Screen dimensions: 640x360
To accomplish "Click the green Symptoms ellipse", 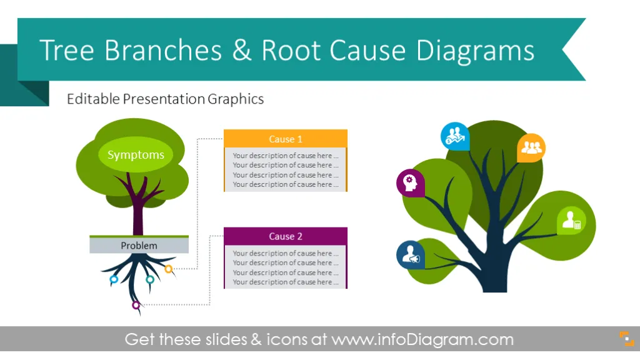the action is (136, 154).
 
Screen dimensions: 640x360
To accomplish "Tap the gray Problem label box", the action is (139, 245).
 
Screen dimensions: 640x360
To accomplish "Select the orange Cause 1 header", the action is (285, 139).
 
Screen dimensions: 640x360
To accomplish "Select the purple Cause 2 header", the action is (285, 236).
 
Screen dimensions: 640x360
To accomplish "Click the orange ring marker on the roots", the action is (169, 269).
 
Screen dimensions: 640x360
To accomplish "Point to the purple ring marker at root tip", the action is (136, 305).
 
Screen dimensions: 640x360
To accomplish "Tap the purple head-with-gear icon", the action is (410, 183).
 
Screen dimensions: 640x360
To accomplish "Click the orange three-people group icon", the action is (531, 147).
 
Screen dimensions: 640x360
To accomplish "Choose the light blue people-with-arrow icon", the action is (455, 136).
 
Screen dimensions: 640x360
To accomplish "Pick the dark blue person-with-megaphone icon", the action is (410, 255).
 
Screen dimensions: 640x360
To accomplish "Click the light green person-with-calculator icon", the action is (571, 221).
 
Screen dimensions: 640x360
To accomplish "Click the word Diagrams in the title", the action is (475, 51).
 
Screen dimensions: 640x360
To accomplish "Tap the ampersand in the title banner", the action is (242, 50).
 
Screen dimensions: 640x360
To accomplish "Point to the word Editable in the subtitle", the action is (93, 99).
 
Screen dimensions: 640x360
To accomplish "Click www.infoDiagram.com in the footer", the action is (422, 339).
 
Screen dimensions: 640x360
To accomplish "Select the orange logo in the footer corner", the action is (626, 339).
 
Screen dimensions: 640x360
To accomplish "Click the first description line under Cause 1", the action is (285, 156).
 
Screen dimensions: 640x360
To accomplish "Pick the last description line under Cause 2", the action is (285, 282).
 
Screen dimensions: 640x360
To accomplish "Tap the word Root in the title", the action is (291, 50).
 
